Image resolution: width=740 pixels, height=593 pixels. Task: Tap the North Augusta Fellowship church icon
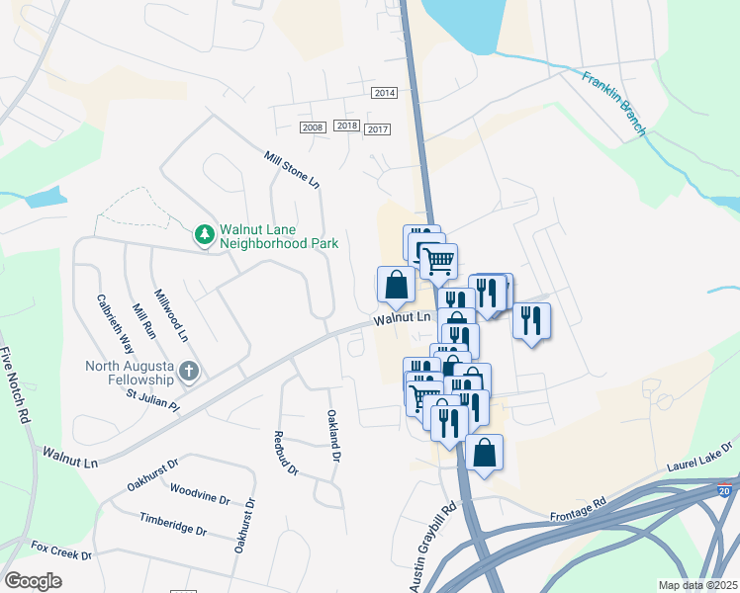point(190,372)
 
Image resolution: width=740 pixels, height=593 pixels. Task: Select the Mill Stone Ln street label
point(292,170)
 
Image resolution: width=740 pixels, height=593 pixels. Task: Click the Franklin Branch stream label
point(614,104)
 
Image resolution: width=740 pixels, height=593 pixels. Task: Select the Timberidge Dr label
point(173,524)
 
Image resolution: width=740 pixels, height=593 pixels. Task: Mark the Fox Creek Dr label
point(61,550)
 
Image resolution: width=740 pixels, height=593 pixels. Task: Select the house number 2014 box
point(384,93)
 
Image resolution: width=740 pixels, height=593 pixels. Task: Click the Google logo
point(34,580)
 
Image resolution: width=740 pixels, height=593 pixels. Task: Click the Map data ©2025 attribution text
point(697,585)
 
